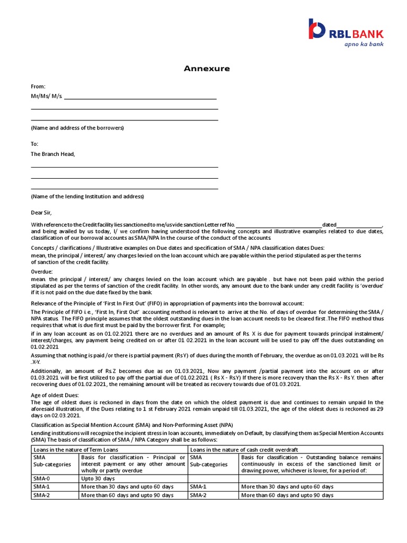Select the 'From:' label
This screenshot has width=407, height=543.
[x=38, y=86]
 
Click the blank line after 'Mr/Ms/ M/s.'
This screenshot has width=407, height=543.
[x=140, y=97]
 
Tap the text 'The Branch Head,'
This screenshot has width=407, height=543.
[x=53, y=154]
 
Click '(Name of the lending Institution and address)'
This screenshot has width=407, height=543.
[x=87, y=196]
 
